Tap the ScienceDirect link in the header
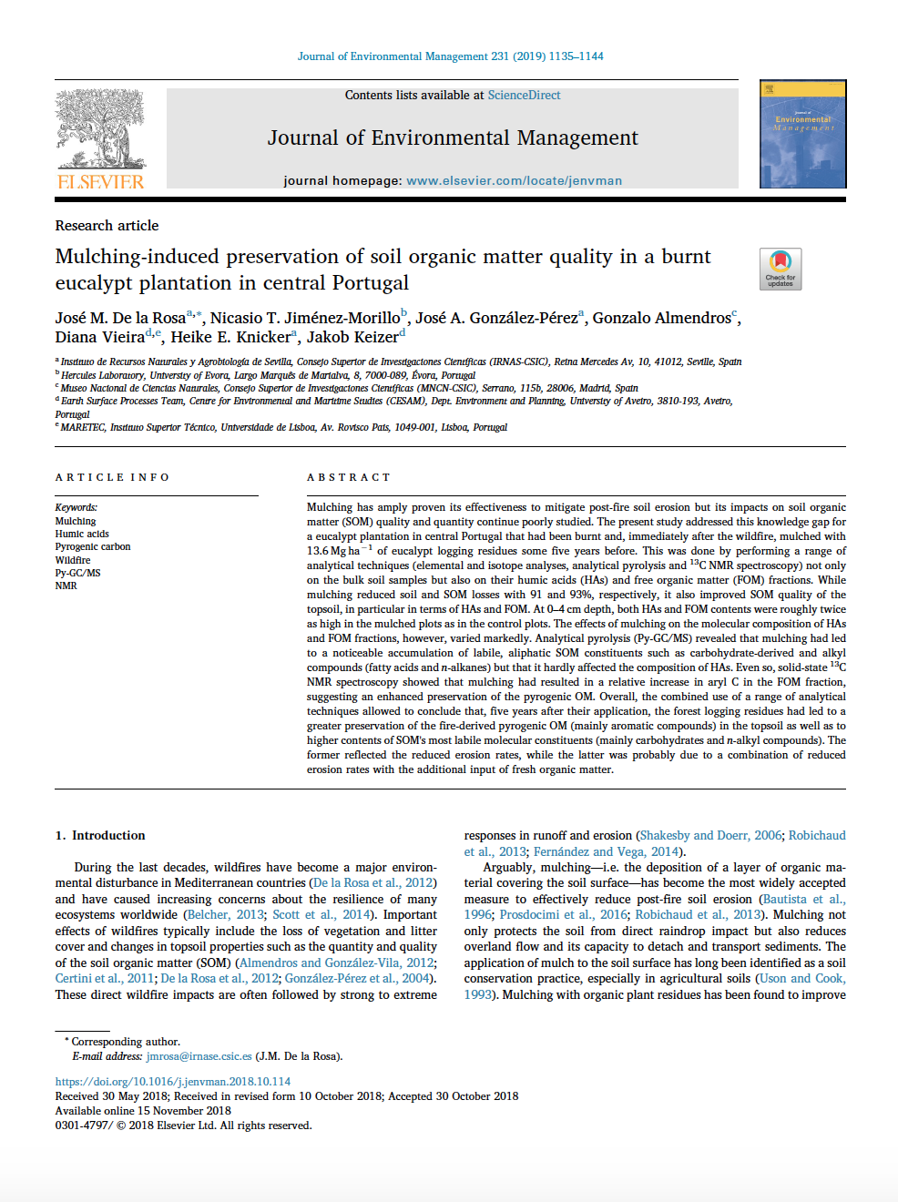click(x=524, y=95)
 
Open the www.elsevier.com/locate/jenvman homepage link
click(x=514, y=180)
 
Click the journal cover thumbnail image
click(x=802, y=134)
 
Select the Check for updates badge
click(x=781, y=269)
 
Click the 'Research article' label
click(x=107, y=226)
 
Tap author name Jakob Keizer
click(x=352, y=337)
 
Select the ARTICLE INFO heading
click(x=112, y=477)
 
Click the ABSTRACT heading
click(x=349, y=477)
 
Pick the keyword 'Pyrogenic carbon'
click(x=93, y=546)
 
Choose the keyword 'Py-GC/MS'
click(x=77, y=573)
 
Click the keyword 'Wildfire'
click(x=73, y=560)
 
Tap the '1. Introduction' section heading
click(x=100, y=835)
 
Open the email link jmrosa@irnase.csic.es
click(x=199, y=1056)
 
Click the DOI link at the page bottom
click(x=173, y=1082)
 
